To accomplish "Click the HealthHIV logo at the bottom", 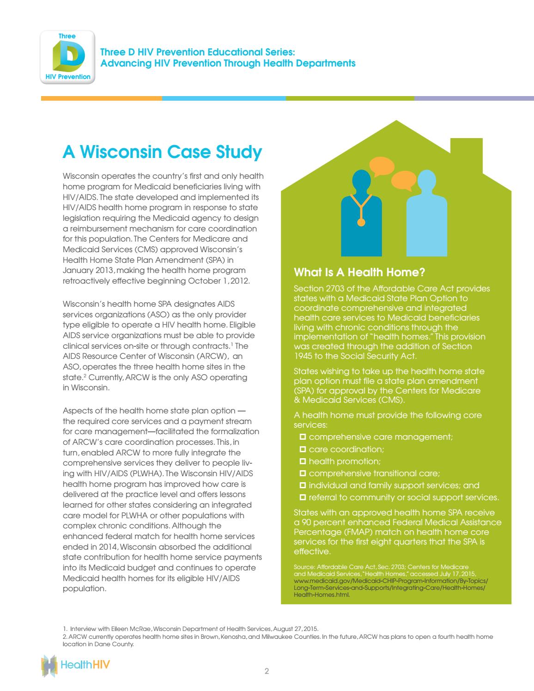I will [x=76, y=666].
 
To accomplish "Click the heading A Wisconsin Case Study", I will [x=162, y=152].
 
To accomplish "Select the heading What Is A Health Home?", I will [x=359, y=272].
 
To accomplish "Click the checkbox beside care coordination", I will [x=303, y=449].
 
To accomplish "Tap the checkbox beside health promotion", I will [x=303, y=461].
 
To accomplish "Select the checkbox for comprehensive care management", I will [x=303, y=436].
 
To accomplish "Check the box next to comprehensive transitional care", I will [x=303, y=473].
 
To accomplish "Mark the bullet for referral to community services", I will [x=303, y=497].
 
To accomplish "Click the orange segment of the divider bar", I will [x=101, y=98].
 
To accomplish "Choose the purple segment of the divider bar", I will [x=473, y=98].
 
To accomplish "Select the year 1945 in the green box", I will [x=303, y=356].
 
